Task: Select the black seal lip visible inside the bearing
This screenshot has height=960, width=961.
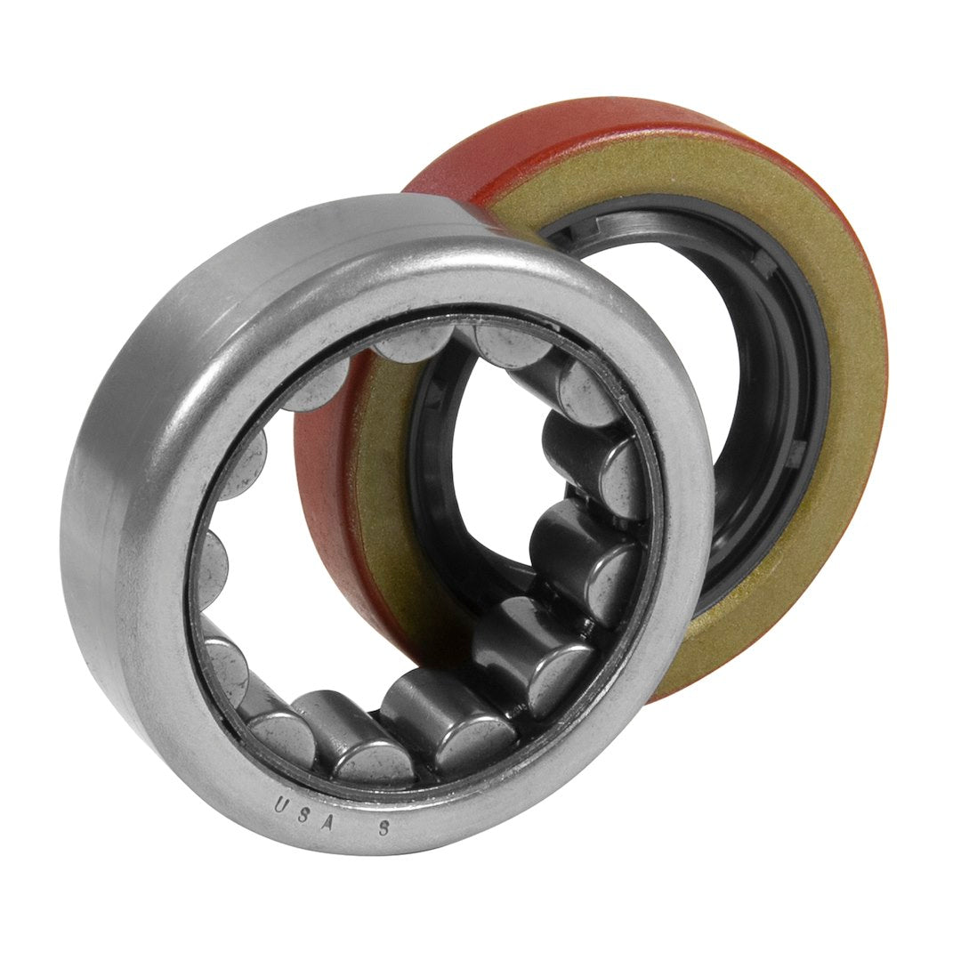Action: coord(436,427)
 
